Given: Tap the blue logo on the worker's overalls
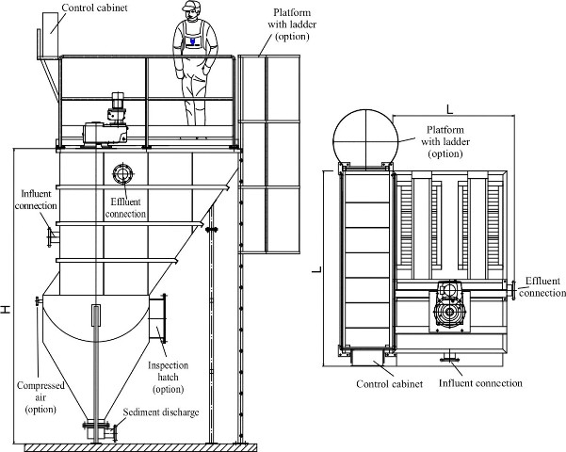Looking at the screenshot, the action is click(x=193, y=40).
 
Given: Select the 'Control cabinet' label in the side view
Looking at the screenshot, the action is click(x=94, y=8).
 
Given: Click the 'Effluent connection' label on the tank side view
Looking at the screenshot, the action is click(x=125, y=207).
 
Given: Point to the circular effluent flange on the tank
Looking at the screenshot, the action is click(x=123, y=174).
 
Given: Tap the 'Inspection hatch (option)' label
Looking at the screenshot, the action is click(x=169, y=377).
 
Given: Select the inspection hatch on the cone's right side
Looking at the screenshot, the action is click(x=158, y=318).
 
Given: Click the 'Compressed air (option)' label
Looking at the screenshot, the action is click(x=40, y=397).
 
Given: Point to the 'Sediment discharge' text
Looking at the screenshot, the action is click(x=161, y=412).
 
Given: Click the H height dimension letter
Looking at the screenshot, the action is click(x=6, y=310).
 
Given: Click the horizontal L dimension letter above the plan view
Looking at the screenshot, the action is click(x=449, y=109).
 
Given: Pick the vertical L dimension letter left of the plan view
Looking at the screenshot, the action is click(x=316, y=269).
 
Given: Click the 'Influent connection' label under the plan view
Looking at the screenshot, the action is click(x=480, y=382).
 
